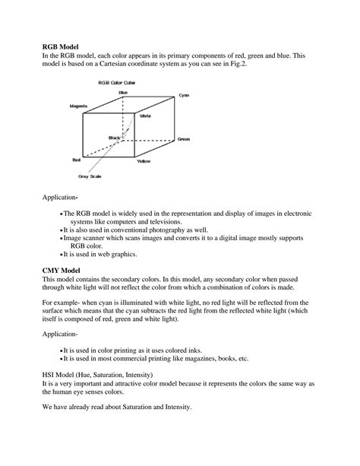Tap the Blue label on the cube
tap(123, 92)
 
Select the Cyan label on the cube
tap(183, 96)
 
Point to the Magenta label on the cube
tap(78, 106)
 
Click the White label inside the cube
tap(145, 116)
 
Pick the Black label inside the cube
tap(115, 138)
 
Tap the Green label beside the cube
tap(184, 140)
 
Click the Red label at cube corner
tap(76, 160)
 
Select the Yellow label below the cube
tap(144, 162)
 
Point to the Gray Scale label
tap(90, 177)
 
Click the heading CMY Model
tap(62, 269)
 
